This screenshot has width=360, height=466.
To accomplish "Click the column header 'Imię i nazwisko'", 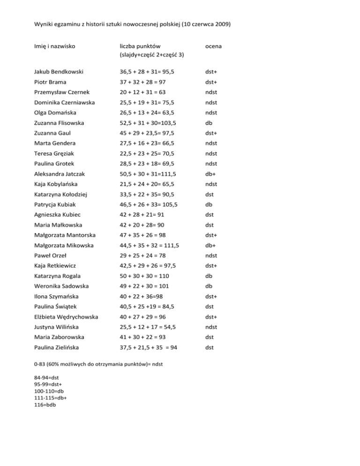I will tap(55, 46).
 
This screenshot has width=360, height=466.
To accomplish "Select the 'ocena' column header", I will tap(214, 46).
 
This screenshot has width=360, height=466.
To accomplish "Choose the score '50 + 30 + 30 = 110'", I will tap(146, 276).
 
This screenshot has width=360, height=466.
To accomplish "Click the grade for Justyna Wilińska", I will tap(212, 327).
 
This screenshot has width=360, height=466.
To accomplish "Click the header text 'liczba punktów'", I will tap(139, 46).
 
